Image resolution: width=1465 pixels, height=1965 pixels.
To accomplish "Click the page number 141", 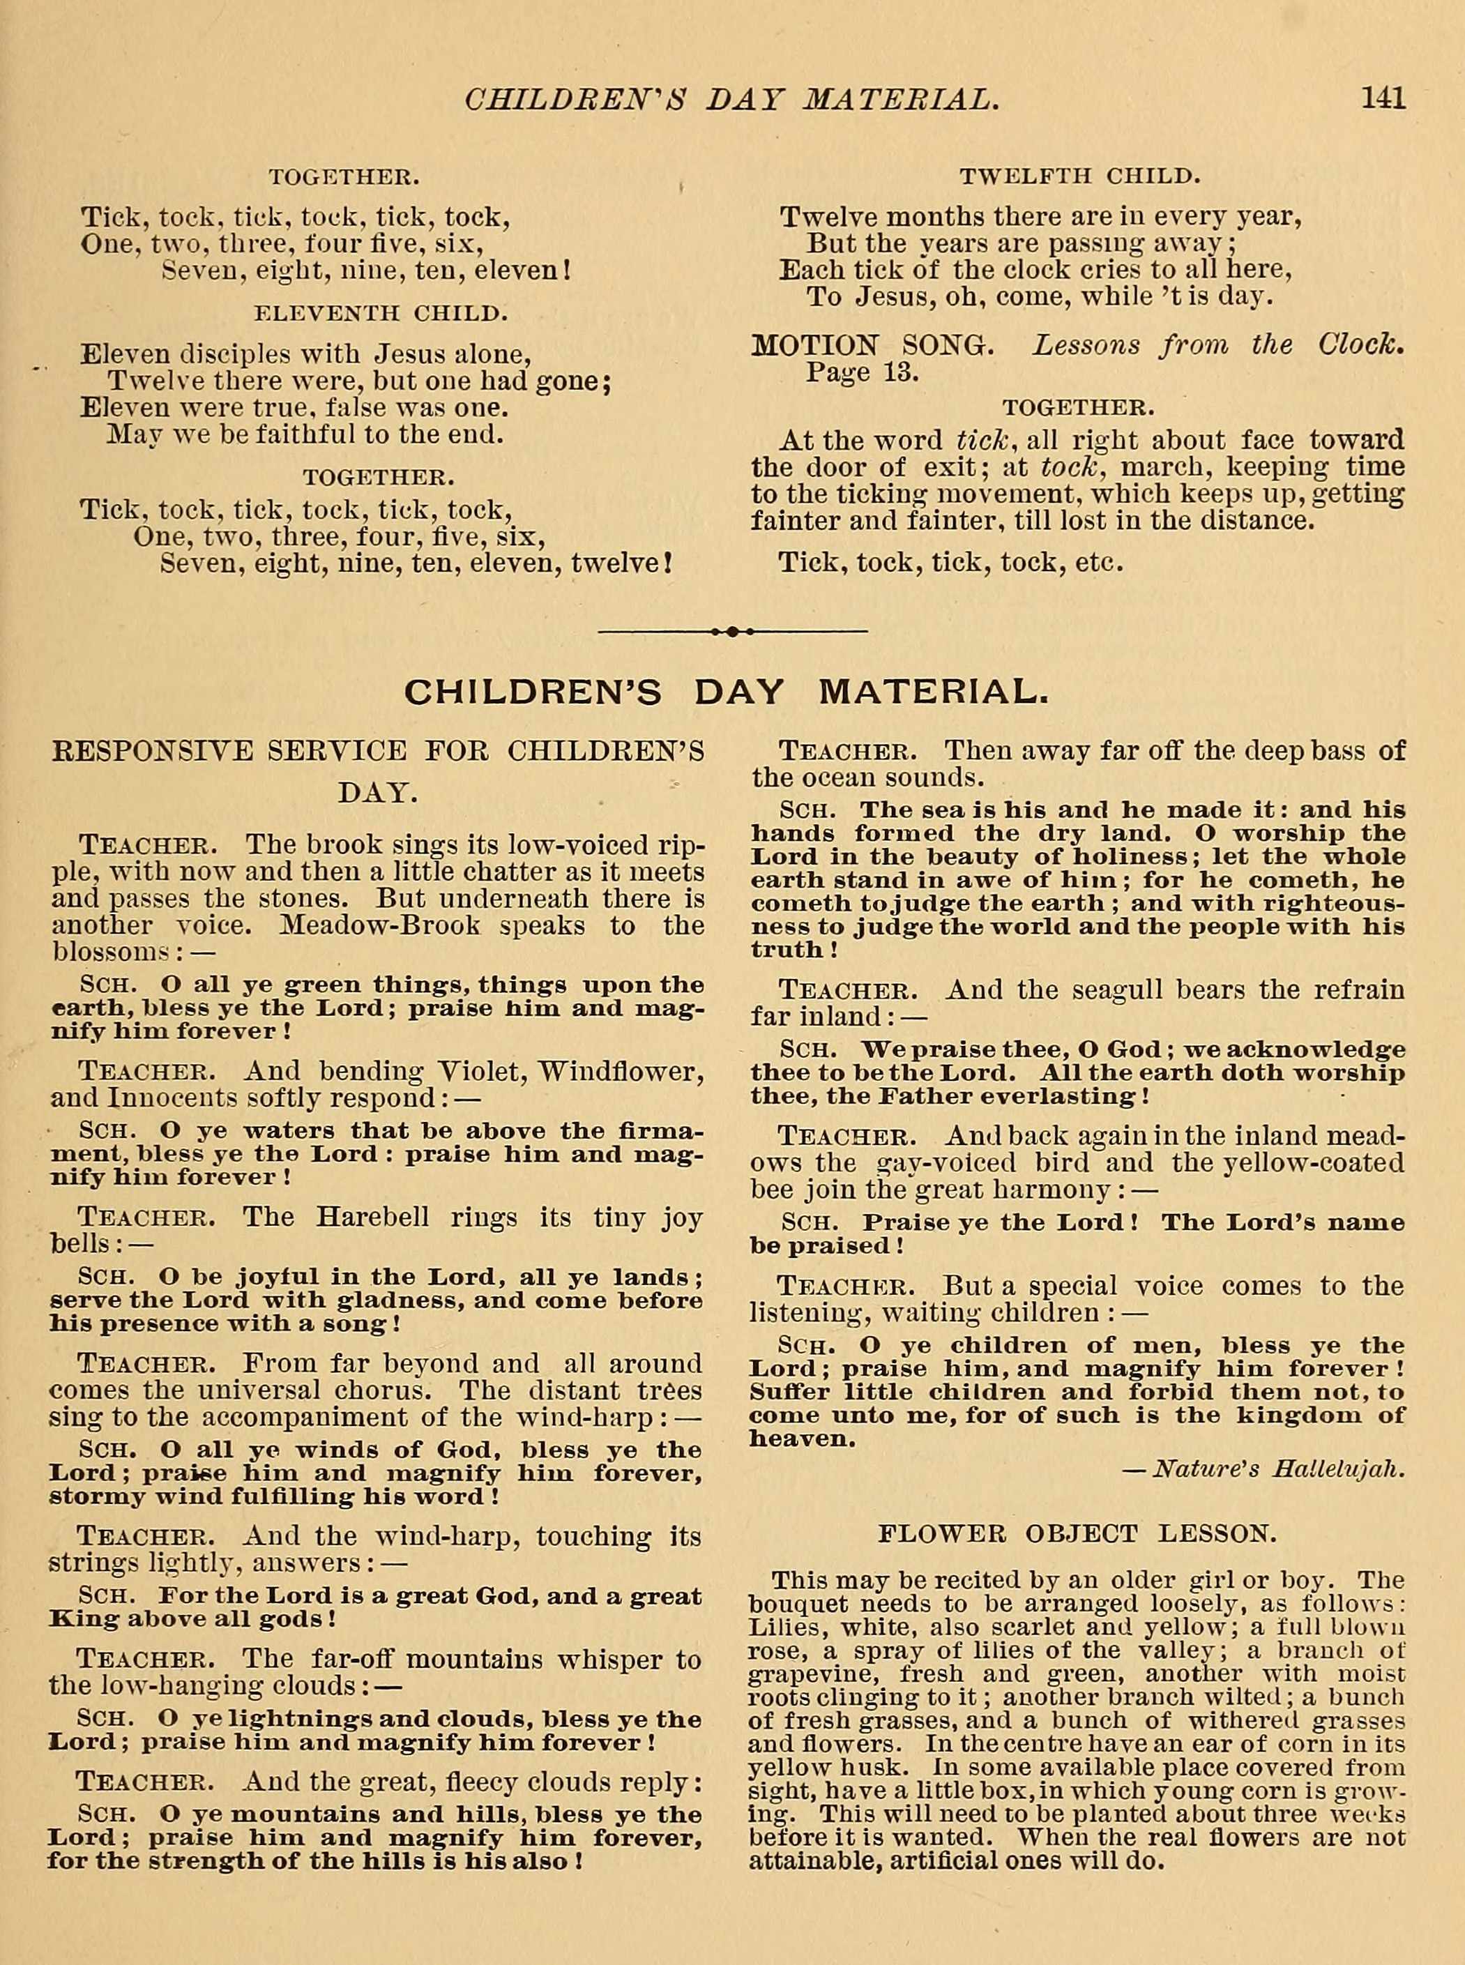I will [x=1383, y=97].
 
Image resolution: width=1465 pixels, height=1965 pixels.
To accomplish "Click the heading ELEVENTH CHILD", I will [x=381, y=313].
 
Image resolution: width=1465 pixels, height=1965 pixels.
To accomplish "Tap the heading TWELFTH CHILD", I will [x=1079, y=176].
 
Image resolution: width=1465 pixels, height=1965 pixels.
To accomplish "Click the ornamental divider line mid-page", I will [x=732, y=631].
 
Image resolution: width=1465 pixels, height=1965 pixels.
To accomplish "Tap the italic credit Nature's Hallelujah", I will [x=1277, y=1470].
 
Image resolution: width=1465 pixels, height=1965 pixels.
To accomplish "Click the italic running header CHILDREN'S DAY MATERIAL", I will [x=732, y=98].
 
